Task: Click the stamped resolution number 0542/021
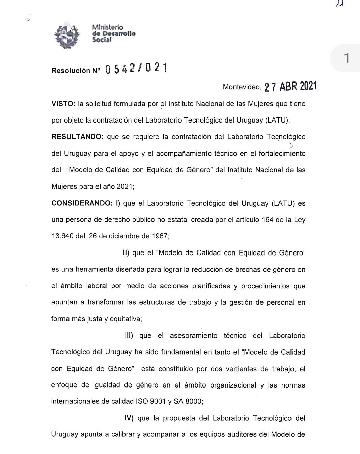[x=136, y=69]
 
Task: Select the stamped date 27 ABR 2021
[x=291, y=86]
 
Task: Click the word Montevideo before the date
[x=242, y=87]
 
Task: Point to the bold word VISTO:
[x=63, y=104]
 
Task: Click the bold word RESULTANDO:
[x=77, y=137]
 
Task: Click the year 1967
[x=159, y=236]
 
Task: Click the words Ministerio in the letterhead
[x=108, y=27]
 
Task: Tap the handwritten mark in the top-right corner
[x=340, y=4]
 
